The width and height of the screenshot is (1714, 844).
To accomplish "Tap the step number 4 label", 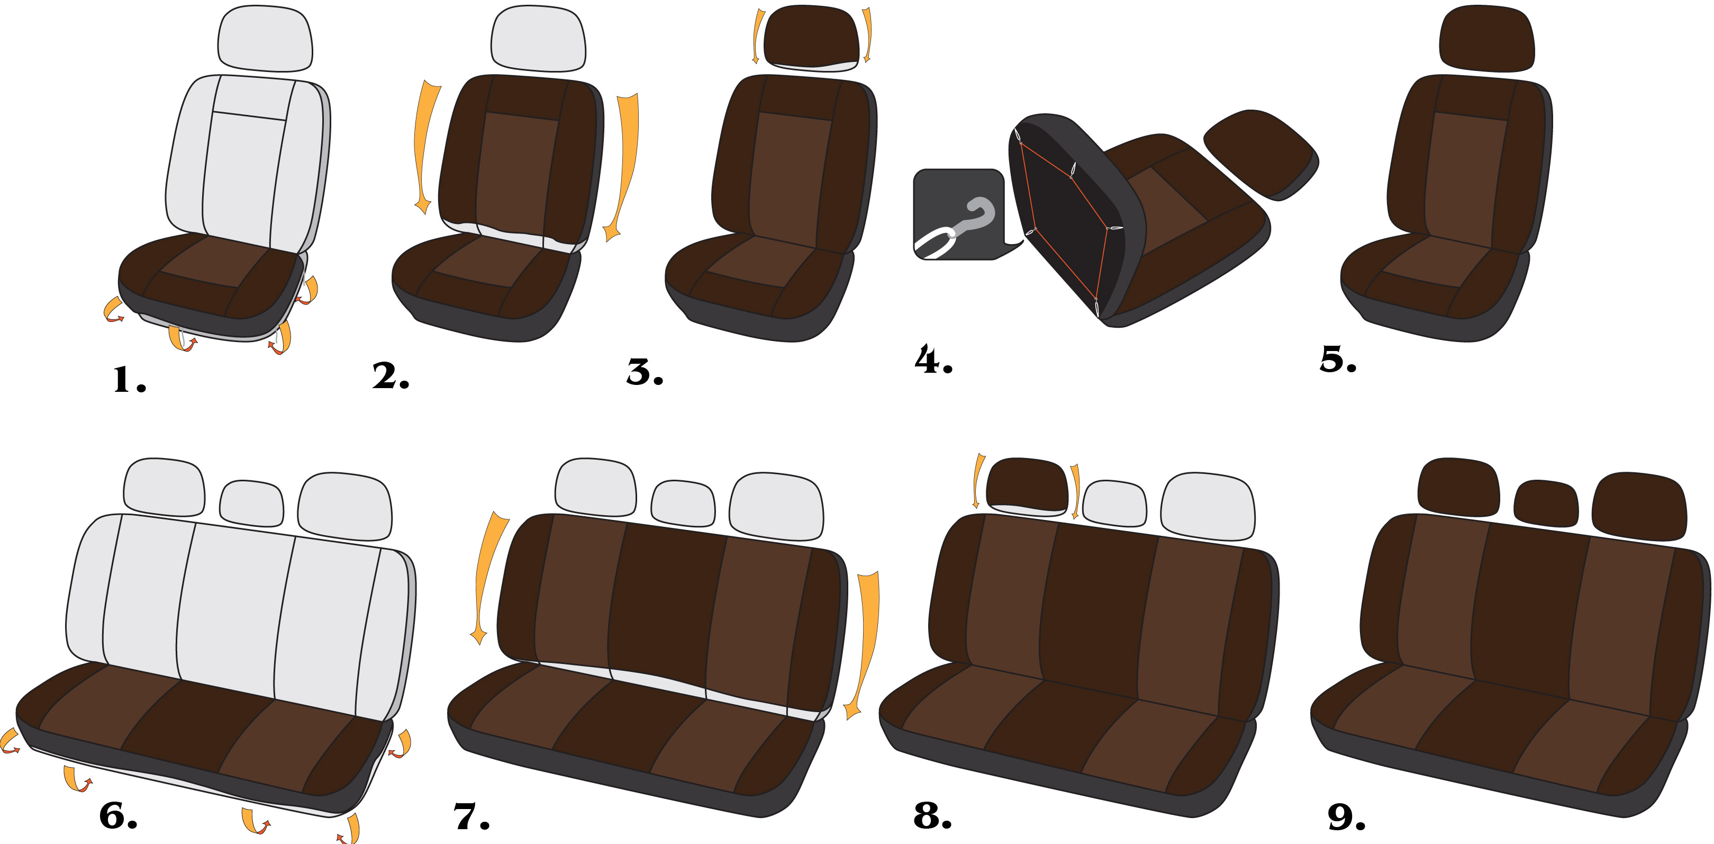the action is click(x=933, y=360).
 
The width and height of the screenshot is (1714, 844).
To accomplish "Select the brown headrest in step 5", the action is click(x=1487, y=38).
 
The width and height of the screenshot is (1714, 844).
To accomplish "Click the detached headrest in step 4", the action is click(x=1261, y=153).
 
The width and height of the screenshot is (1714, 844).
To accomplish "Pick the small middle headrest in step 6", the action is click(x=251, y=502).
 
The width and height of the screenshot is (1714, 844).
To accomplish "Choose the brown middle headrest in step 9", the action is click(x=1546, y=502).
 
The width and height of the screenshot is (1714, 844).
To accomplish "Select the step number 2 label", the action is click(x=391, y=375).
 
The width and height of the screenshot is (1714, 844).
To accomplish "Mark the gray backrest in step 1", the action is click(x=248, y=163).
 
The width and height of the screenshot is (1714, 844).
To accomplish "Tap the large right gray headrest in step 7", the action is click(x=776, y=506).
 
